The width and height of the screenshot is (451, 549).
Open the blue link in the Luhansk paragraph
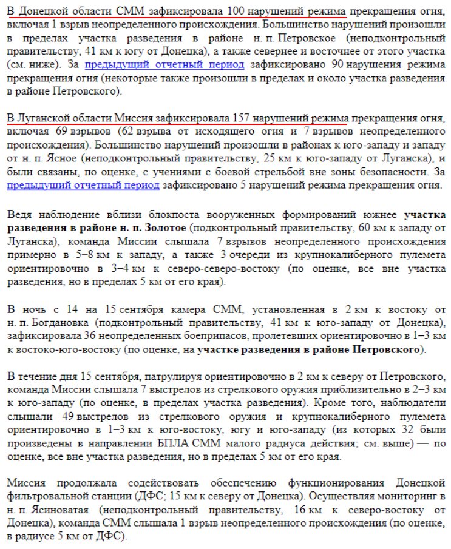point(84,185)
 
